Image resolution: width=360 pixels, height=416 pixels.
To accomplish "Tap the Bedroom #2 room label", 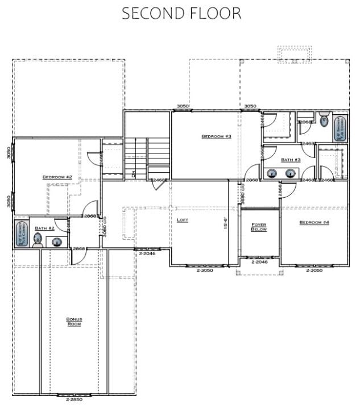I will tap(57, 177).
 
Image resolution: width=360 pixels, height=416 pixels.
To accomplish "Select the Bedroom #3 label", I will tap(216, 136).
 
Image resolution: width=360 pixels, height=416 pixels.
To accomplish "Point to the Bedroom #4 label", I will tap(314, 222).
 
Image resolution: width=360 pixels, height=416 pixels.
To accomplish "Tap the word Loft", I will tap(182, 219).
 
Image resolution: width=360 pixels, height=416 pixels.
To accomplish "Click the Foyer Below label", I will tap(259, 227).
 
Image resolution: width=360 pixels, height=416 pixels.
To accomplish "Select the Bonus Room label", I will tap(74, 322).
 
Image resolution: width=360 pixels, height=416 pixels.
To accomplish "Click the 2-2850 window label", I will tap(74, 400).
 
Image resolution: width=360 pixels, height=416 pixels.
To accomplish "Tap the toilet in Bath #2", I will tap(38, 243).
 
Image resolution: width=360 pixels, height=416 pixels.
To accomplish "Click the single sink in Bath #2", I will tap(57, 242).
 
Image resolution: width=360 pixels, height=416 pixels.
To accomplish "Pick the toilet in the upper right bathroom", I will tap(324, 120).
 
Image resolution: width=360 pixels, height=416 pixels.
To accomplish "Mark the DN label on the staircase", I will tap(132, 174).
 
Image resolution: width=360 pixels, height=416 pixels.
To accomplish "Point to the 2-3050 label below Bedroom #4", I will tap(314, 271).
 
